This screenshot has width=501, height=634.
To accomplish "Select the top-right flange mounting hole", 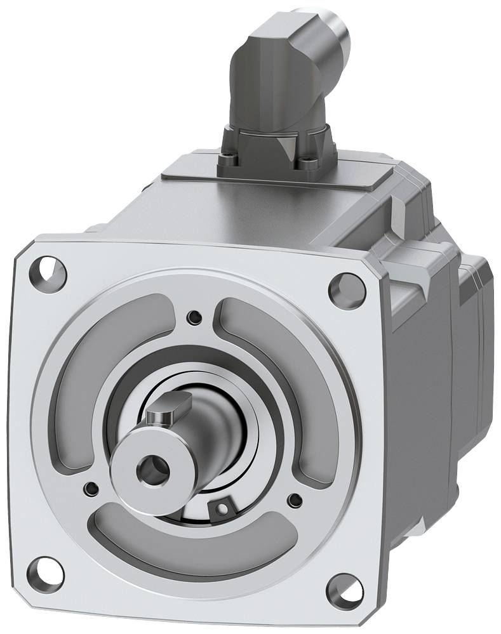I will [x=346, y=289].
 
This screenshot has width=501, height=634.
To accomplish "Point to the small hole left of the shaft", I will [x=91, y=488].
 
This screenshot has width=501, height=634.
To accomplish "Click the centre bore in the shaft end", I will [x=152, y=470].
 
